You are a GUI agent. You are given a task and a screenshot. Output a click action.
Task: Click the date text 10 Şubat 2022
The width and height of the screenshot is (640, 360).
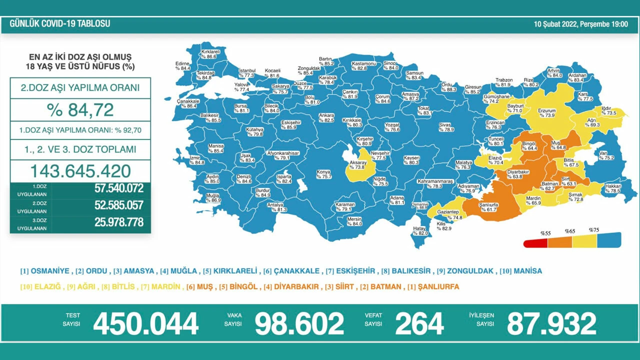555,24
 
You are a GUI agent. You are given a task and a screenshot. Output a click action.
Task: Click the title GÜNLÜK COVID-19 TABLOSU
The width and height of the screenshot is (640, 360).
60,24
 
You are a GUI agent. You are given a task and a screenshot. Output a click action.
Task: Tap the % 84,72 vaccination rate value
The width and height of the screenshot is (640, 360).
80,109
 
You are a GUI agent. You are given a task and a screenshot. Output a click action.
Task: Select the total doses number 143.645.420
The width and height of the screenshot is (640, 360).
80,171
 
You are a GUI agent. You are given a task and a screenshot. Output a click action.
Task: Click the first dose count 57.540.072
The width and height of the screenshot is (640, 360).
118,188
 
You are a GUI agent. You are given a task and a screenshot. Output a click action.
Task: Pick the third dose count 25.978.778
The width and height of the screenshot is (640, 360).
118,222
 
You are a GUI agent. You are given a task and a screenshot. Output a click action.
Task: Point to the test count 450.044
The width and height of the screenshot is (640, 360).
145,324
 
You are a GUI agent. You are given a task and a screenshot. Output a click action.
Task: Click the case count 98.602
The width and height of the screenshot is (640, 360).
299,324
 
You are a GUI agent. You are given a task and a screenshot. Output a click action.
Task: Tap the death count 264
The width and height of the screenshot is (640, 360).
419,324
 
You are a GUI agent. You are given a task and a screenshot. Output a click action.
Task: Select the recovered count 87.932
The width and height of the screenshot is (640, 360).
551,324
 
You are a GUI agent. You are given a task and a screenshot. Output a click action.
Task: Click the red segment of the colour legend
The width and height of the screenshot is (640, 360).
535,243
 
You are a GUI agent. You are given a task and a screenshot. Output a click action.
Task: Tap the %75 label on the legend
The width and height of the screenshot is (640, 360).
593,230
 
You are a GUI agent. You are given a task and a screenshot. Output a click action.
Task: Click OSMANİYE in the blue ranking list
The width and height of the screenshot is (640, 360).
49,271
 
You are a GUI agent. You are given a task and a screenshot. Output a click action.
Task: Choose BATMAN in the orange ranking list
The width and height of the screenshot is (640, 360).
386,286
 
